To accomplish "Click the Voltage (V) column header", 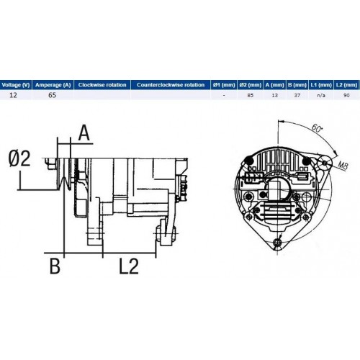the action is (16, 85).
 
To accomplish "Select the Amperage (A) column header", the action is (53, 85).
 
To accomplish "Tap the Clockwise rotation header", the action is (102, 85).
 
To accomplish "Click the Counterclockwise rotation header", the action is (171, 85).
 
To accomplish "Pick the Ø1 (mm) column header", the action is (224, 85).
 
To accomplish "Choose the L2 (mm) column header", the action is (346, 85).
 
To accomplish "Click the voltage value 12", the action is (13, 95).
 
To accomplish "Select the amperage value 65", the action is (52, 95).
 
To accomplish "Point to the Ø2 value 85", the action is (251, 95).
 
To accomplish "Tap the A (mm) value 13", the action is (274, 95).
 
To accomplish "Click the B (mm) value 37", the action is (297, 95).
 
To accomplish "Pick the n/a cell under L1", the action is (321, 95).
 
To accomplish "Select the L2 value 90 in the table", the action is (346, 95).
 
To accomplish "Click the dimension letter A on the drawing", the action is (84, 132).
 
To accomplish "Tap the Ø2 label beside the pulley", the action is (19, 158).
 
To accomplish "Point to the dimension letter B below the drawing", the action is (55, 266).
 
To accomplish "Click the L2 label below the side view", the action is (129, 266).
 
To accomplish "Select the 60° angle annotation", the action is (317, 128).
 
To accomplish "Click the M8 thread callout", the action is (343, 165).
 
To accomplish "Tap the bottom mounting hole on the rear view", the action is (278, 243).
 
